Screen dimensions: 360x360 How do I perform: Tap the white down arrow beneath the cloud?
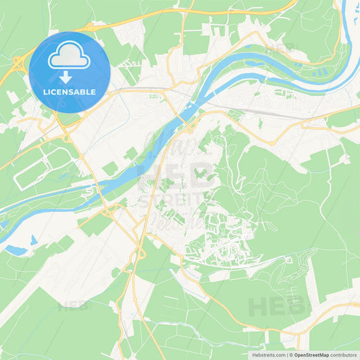point(66,76)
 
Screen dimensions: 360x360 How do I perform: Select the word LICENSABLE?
point(70,93)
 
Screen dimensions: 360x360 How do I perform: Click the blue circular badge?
point(70,72)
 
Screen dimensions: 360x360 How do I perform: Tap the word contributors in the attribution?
point(343,354)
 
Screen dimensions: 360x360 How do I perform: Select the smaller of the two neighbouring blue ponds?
point(33,240)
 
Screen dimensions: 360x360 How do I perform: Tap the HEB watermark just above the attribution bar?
point(276,307)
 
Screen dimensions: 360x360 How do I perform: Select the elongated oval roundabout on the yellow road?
point(141,254)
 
